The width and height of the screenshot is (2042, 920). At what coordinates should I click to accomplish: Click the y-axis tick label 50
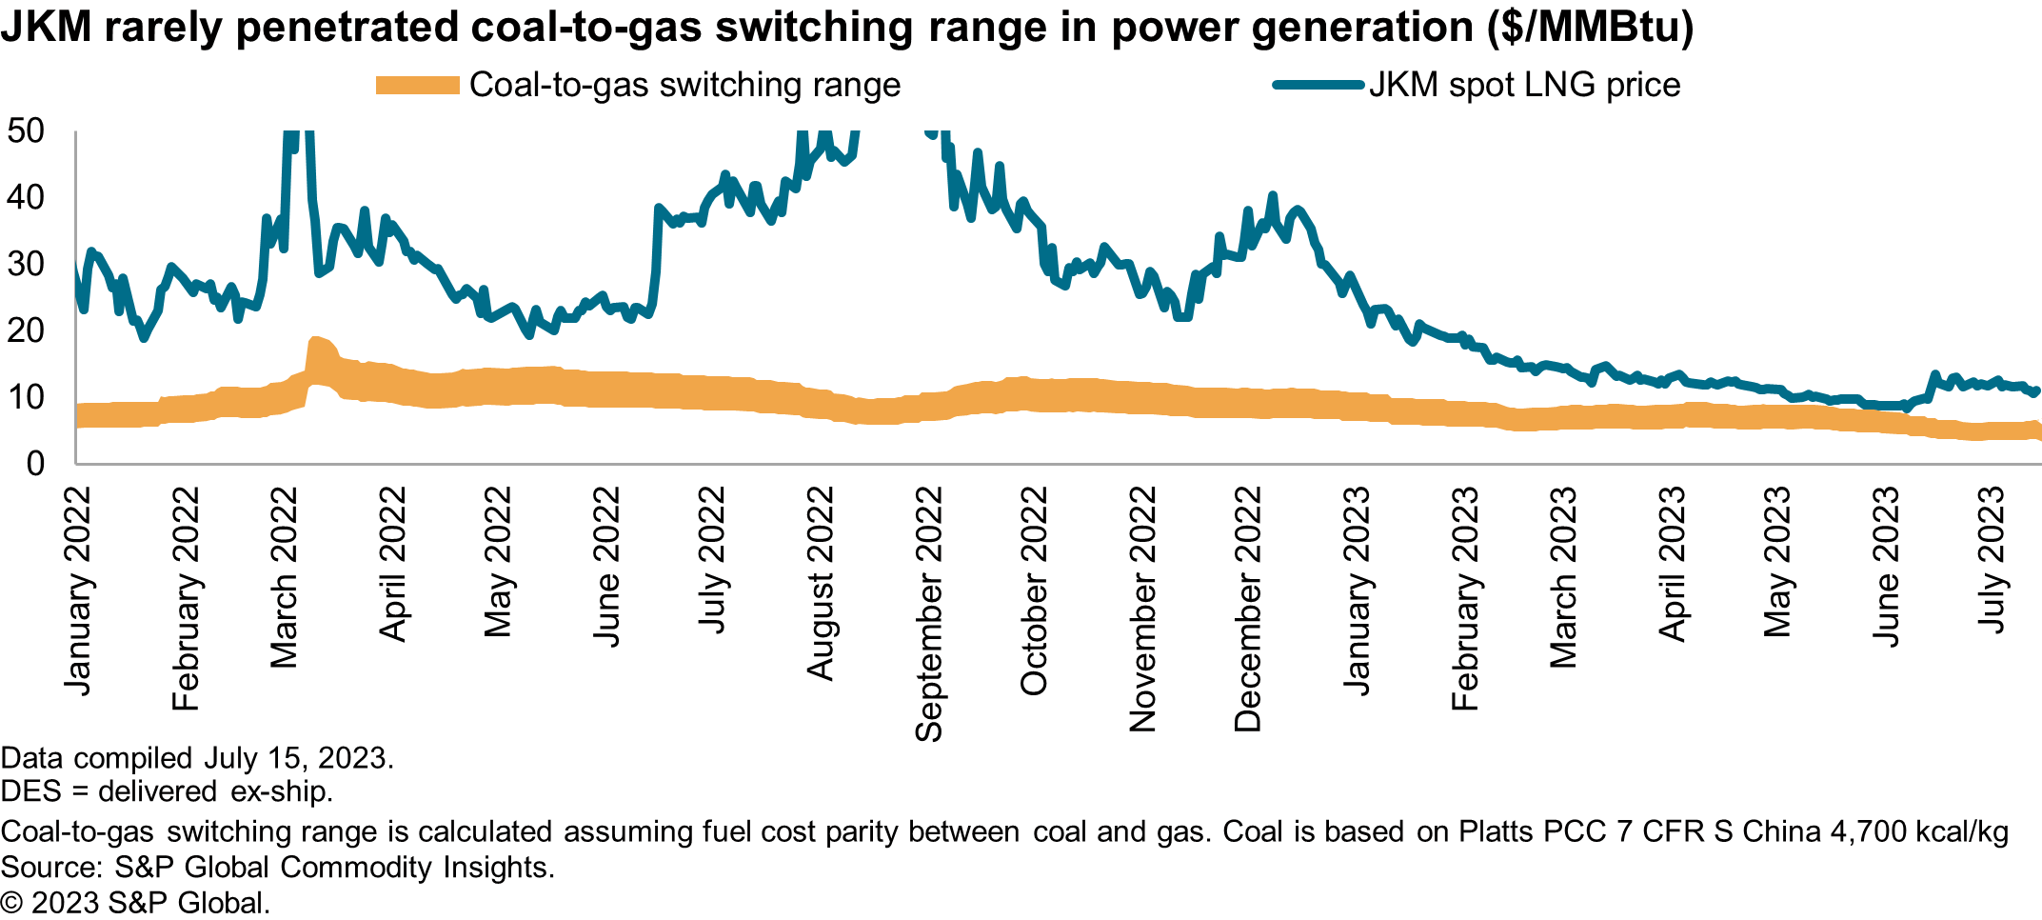[x=26, y=130]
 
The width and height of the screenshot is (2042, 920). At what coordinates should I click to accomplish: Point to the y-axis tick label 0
[x=35, y=464]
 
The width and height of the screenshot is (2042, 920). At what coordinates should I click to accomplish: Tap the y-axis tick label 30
[x=26, y=264]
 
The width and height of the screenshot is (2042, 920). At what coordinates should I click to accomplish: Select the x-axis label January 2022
[x=77, y=590]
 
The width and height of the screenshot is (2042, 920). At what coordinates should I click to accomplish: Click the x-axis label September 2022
[x=928, y=614]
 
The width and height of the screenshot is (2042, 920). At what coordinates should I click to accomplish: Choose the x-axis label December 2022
[x=1247, y=610]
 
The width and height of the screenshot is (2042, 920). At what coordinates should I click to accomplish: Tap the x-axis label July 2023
[x=1992, y=559]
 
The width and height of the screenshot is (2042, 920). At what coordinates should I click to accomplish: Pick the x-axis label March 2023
[x=1563, y=577]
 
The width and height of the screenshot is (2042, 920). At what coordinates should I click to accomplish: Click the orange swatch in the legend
[x=417, y=85]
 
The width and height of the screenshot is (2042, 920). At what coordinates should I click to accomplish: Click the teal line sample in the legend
[x=1318, y=85]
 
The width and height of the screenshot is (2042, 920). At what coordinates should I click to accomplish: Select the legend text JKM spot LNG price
[x=1524, y=85]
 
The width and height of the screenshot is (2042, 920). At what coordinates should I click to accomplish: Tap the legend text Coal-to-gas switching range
[x=684, y=85]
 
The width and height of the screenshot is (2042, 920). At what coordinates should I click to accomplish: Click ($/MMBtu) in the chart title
[x=1591, y=26]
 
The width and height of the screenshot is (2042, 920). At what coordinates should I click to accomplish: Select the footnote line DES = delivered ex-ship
[x=167, y=791]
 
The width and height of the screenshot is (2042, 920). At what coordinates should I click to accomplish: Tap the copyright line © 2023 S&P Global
[x=135, y=903]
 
